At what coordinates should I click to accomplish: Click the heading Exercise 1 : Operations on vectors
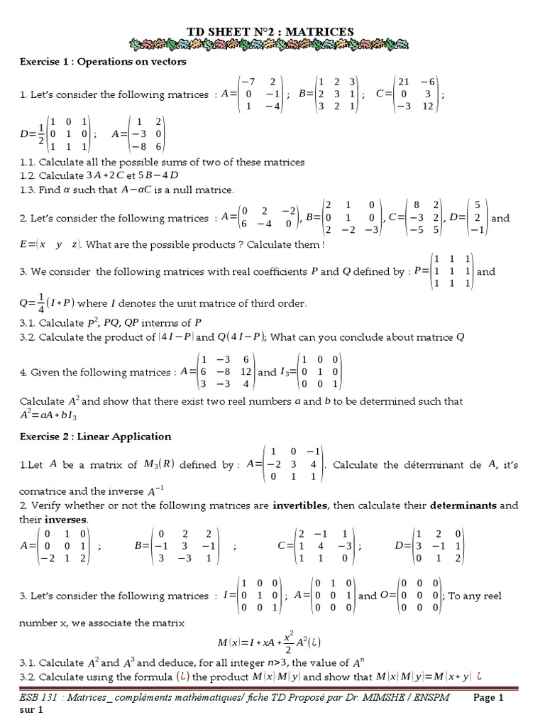[103, 62]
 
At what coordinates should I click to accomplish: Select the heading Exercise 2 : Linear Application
[95, 436]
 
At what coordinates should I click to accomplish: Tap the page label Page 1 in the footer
[488, 698]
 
